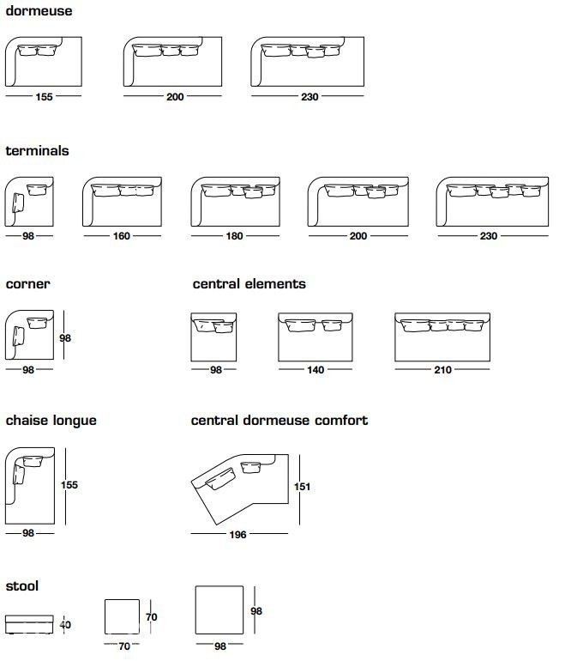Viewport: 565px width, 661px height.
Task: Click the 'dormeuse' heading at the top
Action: [39, 11]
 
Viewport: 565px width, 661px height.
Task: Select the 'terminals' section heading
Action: [37, 150]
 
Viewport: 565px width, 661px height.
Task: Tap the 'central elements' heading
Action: [249, 283]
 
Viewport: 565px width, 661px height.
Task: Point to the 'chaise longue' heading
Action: [51, 421]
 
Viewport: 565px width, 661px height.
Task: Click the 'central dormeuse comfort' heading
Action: [279, 421]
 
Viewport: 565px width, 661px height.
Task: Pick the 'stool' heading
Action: [22, 586]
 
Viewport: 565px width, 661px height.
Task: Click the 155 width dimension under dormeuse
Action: [44, 97]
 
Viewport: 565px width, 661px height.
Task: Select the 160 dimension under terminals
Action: [121, 236]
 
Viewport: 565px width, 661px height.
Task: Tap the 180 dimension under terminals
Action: [234, 236]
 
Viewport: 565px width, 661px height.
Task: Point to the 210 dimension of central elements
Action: [442, 370]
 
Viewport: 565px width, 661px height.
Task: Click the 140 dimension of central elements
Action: [316, 370]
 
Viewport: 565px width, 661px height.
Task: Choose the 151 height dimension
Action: [302, 487]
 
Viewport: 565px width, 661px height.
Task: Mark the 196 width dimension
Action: [237, 535]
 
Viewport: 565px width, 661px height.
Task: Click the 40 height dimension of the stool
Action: [65, 625]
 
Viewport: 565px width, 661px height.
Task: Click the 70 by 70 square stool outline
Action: [122, 616]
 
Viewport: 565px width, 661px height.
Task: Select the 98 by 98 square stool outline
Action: [219, 609]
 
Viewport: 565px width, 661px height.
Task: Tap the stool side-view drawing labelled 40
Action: [29, 624]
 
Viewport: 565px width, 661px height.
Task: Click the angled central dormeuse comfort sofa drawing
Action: [240, 489]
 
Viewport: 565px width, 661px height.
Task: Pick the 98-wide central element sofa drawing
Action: [213, 337]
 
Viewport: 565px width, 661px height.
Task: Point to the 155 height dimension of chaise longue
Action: [69, 485]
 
